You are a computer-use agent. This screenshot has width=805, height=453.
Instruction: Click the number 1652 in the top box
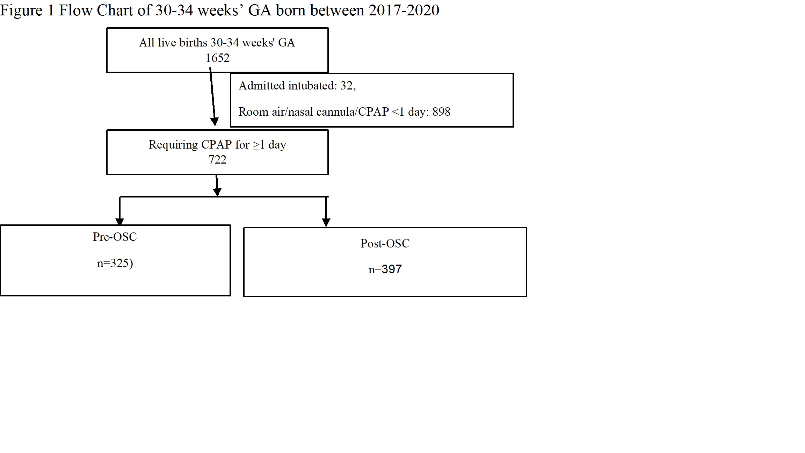click(x=217, y=58)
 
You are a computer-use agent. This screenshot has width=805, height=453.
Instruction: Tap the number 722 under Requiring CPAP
click(x=217, y=160)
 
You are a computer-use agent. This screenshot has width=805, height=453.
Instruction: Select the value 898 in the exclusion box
click(x=441, y=112)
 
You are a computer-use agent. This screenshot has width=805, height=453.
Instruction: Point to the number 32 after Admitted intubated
click(x=346, y=86)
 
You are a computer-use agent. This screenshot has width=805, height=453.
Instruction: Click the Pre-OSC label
click(x=115, y=237)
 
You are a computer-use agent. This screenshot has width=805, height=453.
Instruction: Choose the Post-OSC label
click(x=385, y=243)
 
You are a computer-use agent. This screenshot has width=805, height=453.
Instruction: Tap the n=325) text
click(x=115, y=263)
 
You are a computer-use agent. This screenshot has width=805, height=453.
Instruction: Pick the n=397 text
click(x=385, y=269)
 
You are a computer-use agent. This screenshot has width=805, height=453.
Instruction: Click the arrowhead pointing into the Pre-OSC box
click(x=119, y=222)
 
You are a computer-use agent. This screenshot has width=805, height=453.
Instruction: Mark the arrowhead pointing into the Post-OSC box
click(x=326, y=223)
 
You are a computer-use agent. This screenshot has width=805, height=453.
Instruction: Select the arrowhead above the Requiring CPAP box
click(x=215, y=122)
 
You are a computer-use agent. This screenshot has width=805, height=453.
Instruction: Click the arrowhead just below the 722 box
click(x=217, y=192)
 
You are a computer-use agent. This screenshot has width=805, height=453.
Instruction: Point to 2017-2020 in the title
click(x=404, y=10)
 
